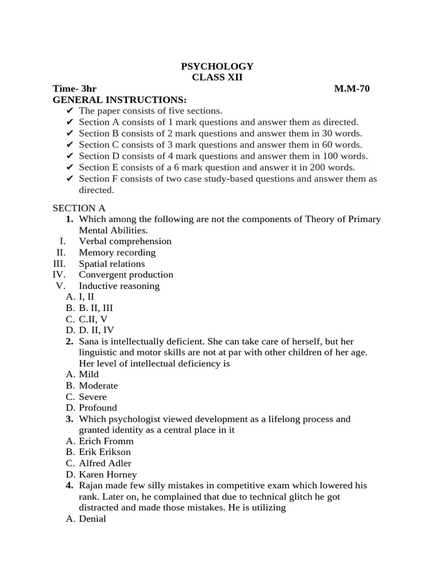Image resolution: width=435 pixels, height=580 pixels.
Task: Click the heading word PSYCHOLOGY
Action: (x=217, y=66)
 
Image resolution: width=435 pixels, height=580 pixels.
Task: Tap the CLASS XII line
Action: (x=217, y=78)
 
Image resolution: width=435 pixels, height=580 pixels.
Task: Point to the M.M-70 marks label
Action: (x=352, y=89)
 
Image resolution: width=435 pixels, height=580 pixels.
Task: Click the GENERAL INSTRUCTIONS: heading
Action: (x=120, y=100)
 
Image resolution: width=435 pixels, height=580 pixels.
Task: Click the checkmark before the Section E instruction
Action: (x=70, y=168)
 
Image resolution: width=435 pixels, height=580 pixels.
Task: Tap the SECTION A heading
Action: (x=79, y=208)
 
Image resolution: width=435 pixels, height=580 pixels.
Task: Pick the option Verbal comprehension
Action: (x=125, y=241)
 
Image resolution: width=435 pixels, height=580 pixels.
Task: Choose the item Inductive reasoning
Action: (x=120, y=286)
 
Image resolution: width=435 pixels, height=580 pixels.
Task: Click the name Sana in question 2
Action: (x=89, y=341)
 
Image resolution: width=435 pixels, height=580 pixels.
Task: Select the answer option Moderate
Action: (x=99, y=386)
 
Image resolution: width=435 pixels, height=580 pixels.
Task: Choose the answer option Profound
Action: (x=98, y=408)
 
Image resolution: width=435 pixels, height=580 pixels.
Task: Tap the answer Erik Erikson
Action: (x=105, y=452)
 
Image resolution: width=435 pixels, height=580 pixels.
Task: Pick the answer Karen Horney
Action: (x=108, y=475)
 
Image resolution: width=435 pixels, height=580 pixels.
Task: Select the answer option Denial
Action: (x=92, y=519)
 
